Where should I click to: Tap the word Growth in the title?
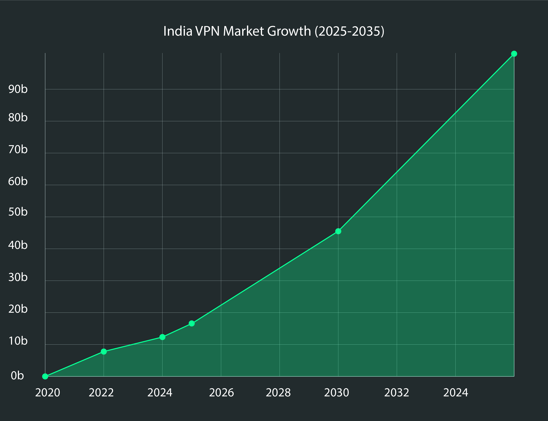[289, 31]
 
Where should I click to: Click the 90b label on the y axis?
[18, 89]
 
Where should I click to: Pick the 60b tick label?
[18, 181]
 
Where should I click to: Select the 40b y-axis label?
[18, 245]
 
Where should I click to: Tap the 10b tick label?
[18, 341]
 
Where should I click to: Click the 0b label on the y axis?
[17, 376]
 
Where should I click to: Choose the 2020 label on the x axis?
[48, 393]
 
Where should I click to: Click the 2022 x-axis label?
[101, 393]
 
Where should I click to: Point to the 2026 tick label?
[221, 393]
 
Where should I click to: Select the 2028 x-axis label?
[278, 393]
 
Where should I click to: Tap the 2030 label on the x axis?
[336, 393]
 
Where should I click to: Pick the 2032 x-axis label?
[397, 393]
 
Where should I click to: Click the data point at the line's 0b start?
[45, 376]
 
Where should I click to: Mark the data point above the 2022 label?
[104, 352]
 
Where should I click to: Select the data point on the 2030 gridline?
[338, 231]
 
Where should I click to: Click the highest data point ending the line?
[514, 54]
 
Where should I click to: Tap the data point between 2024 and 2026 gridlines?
[192, 324]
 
